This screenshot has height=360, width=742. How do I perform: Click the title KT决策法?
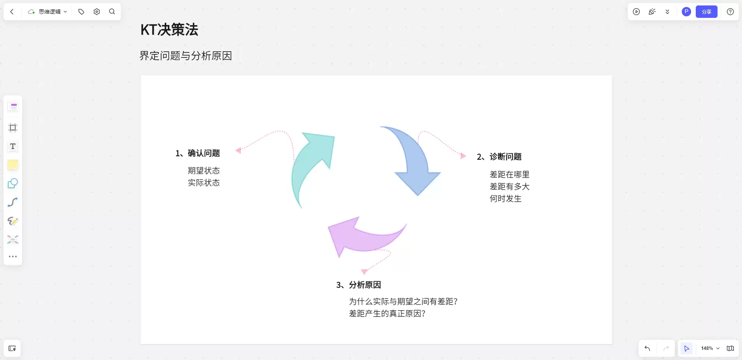tap(169, 30)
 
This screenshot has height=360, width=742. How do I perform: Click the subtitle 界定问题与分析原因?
tap(186, 56)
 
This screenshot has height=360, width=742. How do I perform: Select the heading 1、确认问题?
tap(198, 153)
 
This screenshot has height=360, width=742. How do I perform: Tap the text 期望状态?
tap(204, 171)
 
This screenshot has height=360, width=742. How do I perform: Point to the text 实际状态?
tap(204, 183)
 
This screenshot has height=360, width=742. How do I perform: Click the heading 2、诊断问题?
tap(499, 157)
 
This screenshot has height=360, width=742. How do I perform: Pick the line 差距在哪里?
tap(510, 175)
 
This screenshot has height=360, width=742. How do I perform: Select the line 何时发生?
tap(506, 199)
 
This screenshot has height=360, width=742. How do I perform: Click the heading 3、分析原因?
tap(359, 285)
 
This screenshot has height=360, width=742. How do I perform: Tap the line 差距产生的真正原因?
tap(387, 314)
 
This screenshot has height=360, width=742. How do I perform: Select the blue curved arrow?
tap(414, 163)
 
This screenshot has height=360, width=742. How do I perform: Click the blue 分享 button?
tap(707, 12)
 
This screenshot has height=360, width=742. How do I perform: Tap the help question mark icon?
tap(730, 12)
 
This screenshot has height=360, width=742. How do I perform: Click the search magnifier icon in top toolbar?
tap(112, 12)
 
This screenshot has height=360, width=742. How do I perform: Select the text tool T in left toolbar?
tap(13, 146)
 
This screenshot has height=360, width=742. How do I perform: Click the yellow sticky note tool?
tap(13, 165)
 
